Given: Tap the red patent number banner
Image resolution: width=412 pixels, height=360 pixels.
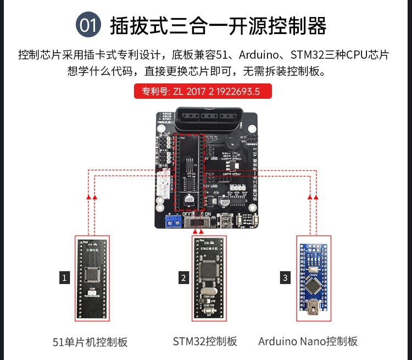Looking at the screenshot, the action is click(203, 91).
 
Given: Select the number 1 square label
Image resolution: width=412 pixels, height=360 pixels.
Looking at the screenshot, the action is click(65, 278).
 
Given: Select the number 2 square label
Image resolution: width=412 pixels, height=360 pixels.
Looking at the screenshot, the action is click(183, 278).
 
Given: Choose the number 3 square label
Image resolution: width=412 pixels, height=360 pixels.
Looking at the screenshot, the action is click(285, 278).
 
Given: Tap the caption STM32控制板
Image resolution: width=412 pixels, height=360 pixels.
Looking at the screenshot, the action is click(205, 341).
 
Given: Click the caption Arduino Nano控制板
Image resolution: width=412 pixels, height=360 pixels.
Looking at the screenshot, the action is click(308, 341).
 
